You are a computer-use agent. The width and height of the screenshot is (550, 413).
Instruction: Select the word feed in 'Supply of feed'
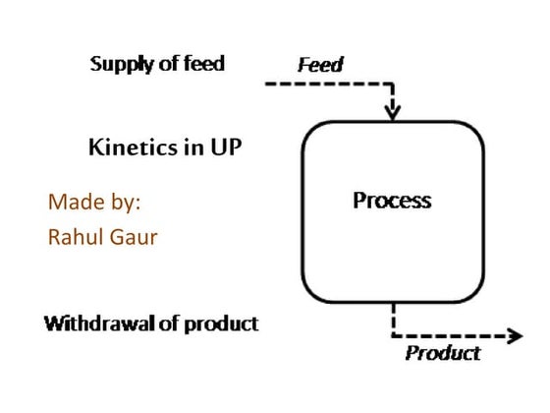pyautogui.click(x=201, y=64)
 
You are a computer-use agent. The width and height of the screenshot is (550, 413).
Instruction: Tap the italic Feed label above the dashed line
pyautogui.click(x=320, y=65)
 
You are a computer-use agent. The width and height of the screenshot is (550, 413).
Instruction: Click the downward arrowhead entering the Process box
pyautogui.click(x=393, y=111)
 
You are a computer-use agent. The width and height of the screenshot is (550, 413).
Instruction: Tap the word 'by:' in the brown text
pyautogui.click(x=122, y=205)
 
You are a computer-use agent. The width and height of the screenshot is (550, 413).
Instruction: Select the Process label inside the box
pyautogui.click(x=392, y=201)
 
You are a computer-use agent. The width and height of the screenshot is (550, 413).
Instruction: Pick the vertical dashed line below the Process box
pyautogui.click(x=393, y=319)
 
